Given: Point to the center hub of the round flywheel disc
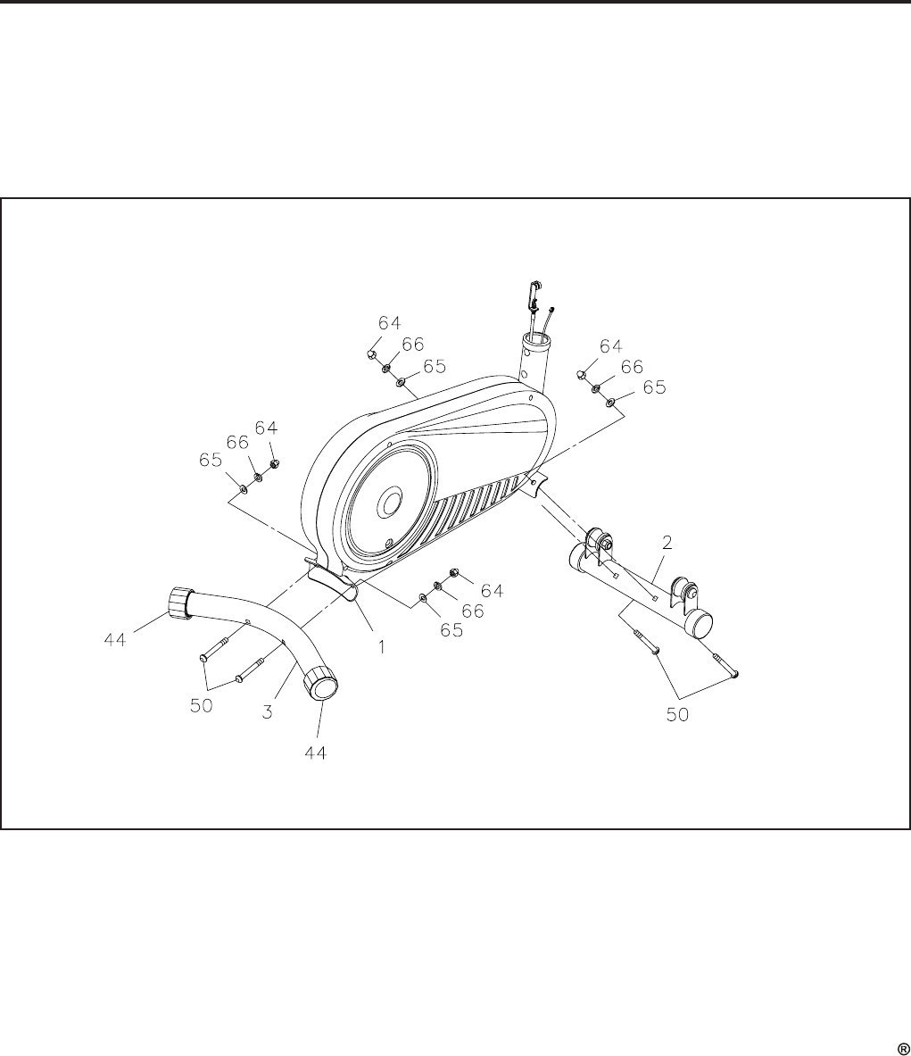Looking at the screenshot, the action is [x=390, y=504].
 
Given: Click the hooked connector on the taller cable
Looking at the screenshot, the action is [x=535, y=291].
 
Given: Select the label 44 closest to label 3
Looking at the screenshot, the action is [x=315, y=753].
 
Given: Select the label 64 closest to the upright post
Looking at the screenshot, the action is [x=610, y=345].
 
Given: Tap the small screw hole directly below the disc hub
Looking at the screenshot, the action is [x=388, y=542].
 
